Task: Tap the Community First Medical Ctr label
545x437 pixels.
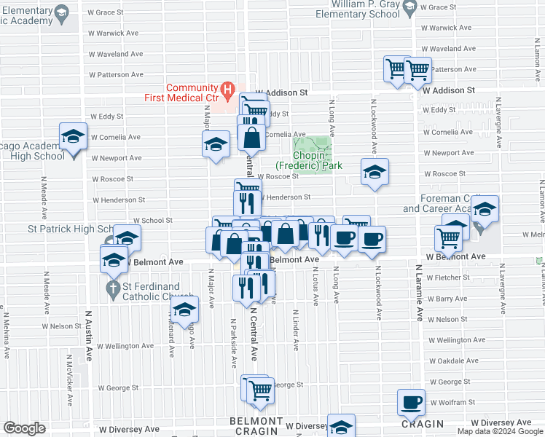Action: [193, 93]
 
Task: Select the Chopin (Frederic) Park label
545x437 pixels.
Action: [317, 160]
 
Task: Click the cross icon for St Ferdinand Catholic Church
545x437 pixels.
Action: [111, 289]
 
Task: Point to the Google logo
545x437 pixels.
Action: [24, 428]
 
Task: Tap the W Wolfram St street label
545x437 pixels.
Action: [452, 402]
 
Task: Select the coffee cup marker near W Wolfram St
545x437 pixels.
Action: [412, 401]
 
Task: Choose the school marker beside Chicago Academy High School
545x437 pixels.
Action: [73, 136]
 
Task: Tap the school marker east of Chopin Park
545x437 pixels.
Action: [375, 172]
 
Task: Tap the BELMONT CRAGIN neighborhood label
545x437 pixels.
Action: [254, 426]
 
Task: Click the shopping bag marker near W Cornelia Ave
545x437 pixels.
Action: [251, 137]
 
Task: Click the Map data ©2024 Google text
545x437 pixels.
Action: [500, 431]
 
